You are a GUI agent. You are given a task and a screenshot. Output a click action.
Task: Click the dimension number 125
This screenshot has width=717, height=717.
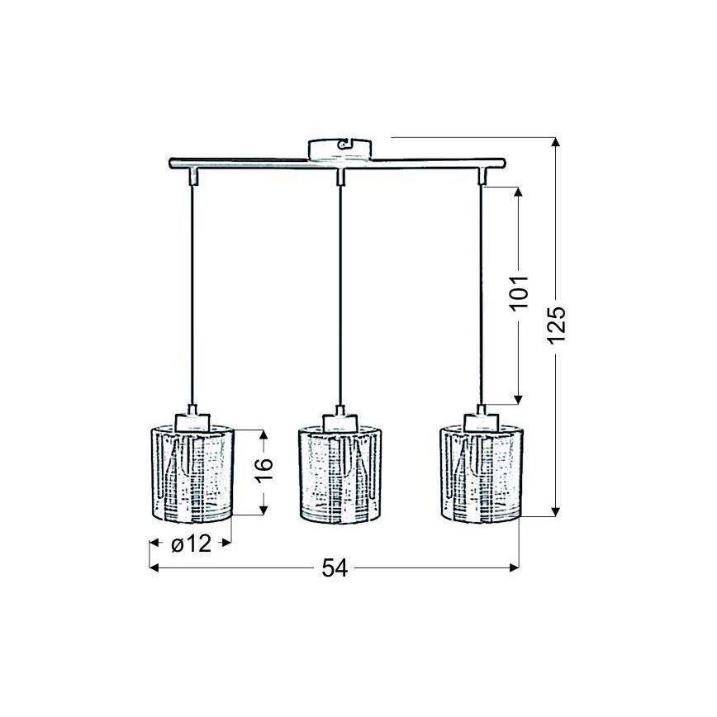pos(557,324)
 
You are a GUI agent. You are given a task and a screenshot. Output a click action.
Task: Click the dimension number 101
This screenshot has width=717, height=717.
pos(519,292)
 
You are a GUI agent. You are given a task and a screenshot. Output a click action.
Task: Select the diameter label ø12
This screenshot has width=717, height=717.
pos(191,544)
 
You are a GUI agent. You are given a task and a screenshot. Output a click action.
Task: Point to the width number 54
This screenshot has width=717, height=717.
pos(335,568)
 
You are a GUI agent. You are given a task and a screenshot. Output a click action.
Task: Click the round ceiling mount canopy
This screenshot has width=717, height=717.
pos(340,150)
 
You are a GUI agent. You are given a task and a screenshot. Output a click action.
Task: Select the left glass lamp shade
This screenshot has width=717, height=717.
pos(192,475)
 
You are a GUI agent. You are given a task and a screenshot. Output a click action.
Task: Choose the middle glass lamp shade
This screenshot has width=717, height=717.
pos(340,475)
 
